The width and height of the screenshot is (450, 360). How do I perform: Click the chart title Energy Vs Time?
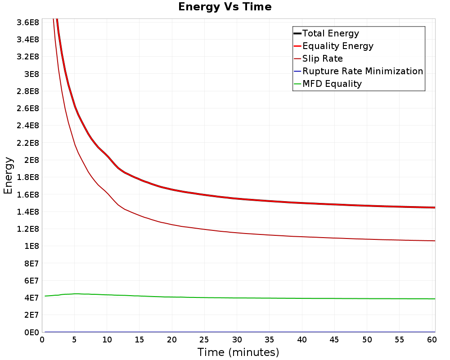click(225, 7)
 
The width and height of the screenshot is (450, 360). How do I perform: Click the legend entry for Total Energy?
click(331, 33)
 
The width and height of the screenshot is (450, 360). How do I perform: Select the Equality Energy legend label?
click(337, 46)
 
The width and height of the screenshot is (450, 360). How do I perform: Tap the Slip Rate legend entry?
click(322, 58)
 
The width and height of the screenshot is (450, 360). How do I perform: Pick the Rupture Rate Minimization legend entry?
click(362, 71)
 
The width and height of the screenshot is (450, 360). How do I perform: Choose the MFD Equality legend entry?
click(332, 84)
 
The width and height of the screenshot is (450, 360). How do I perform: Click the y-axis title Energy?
click(8, 175)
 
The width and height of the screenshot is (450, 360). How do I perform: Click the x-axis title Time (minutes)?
click(238, 352)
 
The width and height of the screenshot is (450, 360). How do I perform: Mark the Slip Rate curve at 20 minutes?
click(172, 224)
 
